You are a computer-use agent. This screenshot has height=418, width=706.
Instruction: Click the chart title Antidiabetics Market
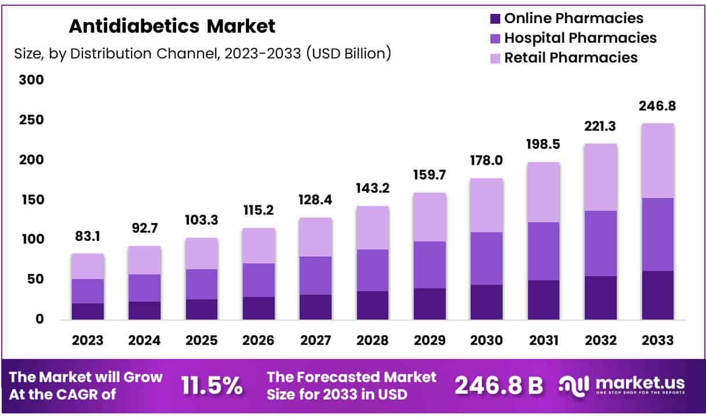click(172, 26)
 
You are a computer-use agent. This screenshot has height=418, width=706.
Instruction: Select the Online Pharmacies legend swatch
click(494, 19)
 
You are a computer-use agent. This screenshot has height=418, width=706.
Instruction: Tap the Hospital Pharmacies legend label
click(580, 38)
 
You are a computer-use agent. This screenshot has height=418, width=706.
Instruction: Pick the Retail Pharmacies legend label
click(570, 58)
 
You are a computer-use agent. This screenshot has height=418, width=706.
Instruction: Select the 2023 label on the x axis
click(88, 340)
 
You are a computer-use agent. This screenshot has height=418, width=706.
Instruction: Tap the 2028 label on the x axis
click(373, 340)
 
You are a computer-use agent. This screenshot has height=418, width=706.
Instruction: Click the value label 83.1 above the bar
click(88, 237)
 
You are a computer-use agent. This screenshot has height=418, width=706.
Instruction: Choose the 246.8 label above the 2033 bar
click(658, 107)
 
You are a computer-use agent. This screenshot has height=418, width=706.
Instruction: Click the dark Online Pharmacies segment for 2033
click(658, 295)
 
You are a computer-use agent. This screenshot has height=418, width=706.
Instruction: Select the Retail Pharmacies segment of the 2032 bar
click(601, 177)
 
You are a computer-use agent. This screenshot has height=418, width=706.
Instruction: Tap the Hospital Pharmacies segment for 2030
click(487, 258)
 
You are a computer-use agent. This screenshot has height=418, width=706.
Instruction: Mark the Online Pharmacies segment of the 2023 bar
click(88, 311)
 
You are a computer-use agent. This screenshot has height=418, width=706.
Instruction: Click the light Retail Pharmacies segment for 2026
click(259, 245)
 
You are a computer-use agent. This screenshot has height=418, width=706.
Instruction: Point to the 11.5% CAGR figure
click(212, 386)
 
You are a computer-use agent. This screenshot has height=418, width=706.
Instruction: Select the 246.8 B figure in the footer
click(498, 386)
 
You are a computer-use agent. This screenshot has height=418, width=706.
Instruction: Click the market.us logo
click(623, 384)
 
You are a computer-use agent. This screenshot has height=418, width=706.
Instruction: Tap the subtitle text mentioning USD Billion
click(202, 54)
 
